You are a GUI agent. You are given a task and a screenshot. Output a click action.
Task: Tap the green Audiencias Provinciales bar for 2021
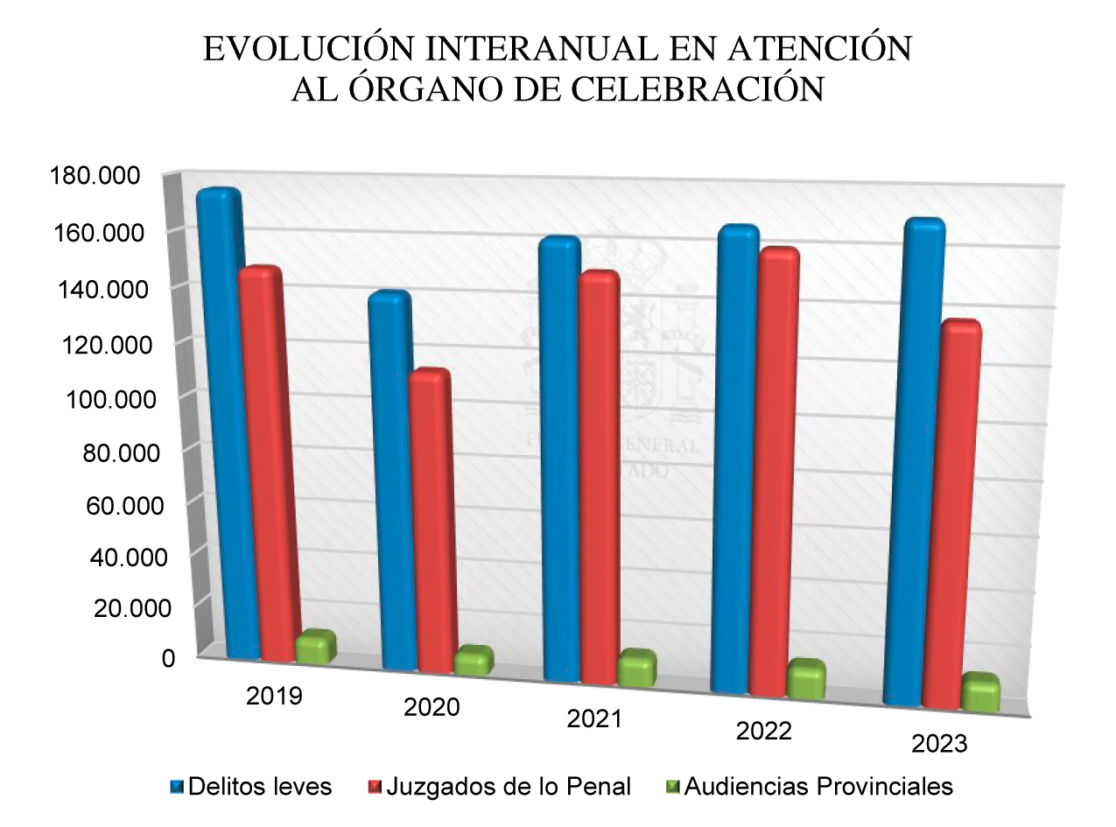click(x=635, y=669)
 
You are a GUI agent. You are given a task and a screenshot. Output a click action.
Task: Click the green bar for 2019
click(x=315, y=648)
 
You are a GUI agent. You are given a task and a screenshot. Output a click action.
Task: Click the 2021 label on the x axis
click(x=594, y=719)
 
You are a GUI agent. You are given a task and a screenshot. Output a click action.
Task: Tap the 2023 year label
click(x=939, y=745)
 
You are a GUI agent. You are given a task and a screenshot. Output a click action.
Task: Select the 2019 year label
click(x=274, y=697)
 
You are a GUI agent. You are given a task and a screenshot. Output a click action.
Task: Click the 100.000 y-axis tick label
click(x=102, y=399)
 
